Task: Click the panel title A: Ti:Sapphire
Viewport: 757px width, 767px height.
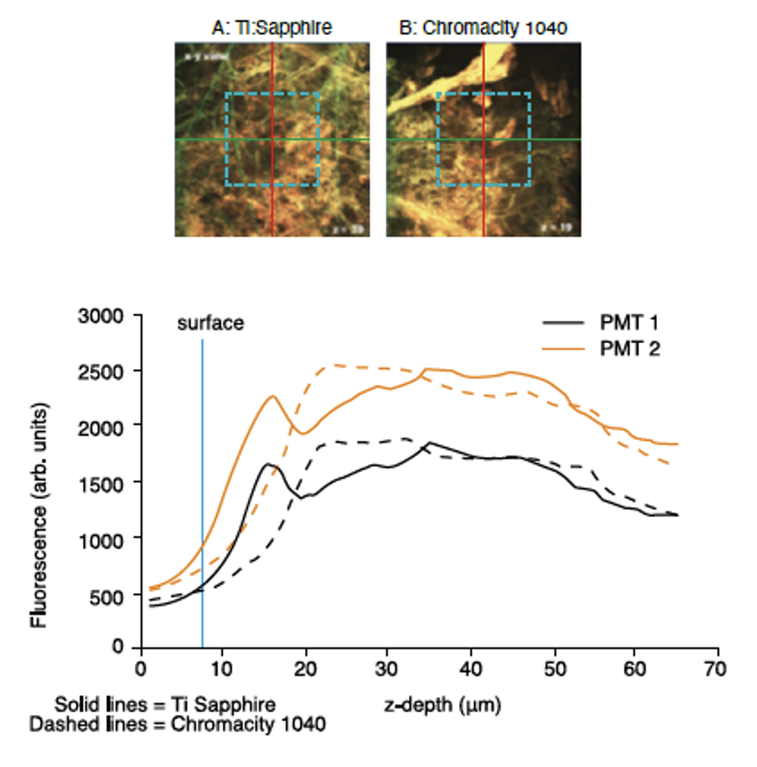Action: click(272, 28)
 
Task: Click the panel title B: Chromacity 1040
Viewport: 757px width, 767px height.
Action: click(483, 28)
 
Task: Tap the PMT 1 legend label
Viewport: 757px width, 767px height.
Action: click(629, 323)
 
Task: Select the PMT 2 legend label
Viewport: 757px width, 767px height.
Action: click(630, 348)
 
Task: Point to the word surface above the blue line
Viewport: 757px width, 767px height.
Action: click(211, 323)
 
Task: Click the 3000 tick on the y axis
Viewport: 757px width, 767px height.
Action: click(101, 316)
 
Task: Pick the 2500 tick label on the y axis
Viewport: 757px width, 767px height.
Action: click(101, 372)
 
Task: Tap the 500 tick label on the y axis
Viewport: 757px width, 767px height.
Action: click(106, 597)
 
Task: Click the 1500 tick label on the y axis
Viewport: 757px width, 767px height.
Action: click(101, 485)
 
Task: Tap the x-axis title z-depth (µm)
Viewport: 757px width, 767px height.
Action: click(443, 705)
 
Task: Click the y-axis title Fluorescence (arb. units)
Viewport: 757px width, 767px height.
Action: click(39, 515)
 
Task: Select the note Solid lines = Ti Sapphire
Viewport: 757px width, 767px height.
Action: click(165, 704)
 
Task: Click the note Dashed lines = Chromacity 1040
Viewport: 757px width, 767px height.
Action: click(177, 724)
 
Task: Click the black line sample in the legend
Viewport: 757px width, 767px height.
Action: click(563, 323)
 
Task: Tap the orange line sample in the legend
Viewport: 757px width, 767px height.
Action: click(563, 348)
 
